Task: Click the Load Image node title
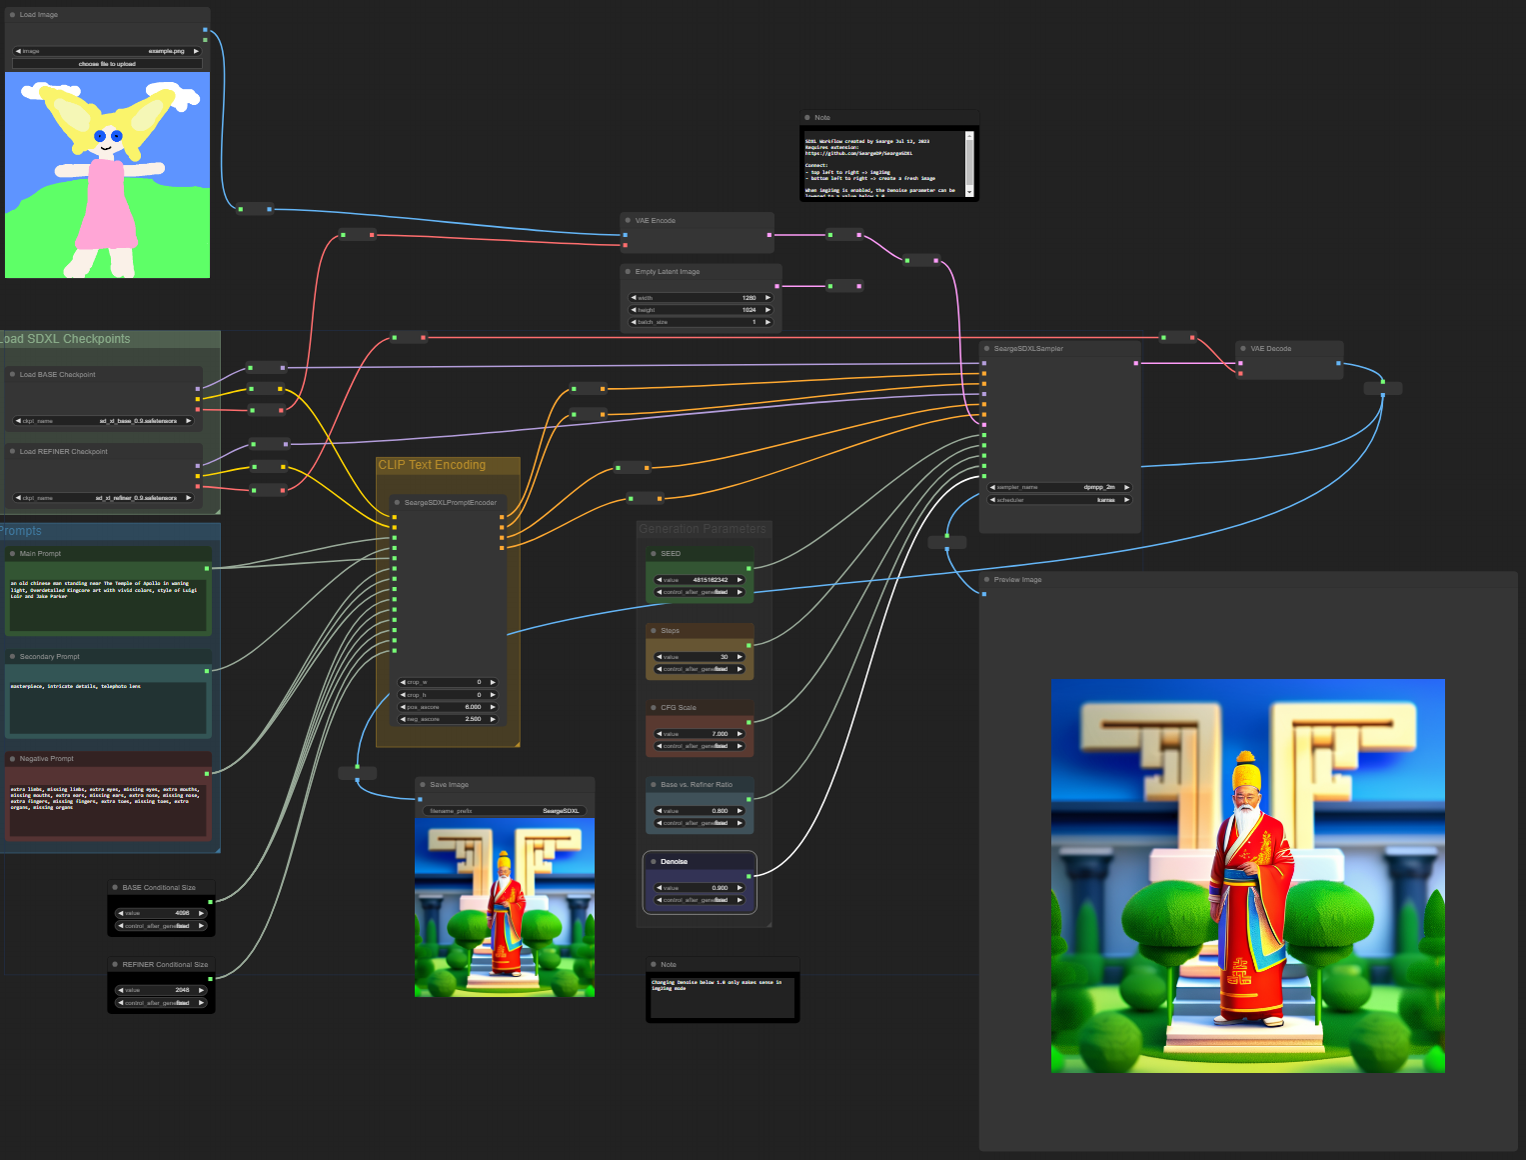click(x=39, y=15)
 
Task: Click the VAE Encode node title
click(x=656, y=221)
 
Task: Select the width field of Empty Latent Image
click(x=701, y=298)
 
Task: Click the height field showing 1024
click(x=701, y=310)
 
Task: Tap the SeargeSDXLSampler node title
click(x=1028, y=349)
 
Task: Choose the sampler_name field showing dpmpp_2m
click(x=1059, y=487)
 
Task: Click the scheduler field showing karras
click(x=1059, y=500)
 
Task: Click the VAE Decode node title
click(x=1270, y=349)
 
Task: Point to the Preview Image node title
click(x=1017, y=580)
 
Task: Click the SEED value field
click(x=700, y=580)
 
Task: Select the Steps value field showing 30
click(x=700, y=657)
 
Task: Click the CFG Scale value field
click(x=700, y=734)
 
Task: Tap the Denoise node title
click(x=674, y=862)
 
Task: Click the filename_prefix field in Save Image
click(x=505, y=811)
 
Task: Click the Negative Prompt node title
click(x=47, y=759)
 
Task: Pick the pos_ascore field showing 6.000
click(x=448, y=707)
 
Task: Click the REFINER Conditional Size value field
click(x=161, y=990)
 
